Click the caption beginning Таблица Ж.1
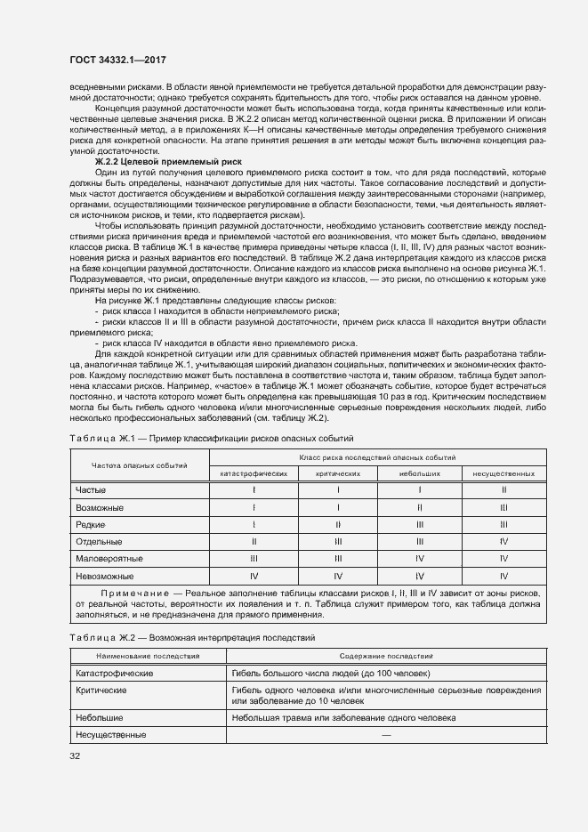211,439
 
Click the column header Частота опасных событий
139,465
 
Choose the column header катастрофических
254,473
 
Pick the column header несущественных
503,473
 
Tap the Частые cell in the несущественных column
503,490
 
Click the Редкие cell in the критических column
338,524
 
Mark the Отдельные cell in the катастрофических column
254,541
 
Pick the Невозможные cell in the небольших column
419,575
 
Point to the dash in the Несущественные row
385,735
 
